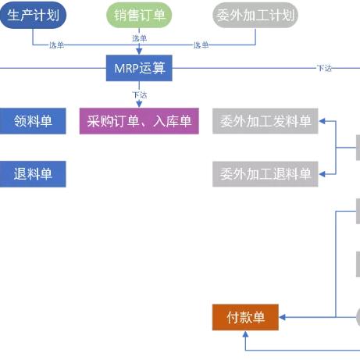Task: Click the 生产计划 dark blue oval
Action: coord(33,15)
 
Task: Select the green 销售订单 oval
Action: coord(139,15)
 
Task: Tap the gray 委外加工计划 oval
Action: coord(255,15)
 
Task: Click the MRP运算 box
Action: coord(139,68)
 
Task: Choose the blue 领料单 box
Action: coord(33,121)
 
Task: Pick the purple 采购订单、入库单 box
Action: coord(139,121)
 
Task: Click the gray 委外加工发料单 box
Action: coord(266,121)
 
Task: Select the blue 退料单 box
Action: coord(33,174)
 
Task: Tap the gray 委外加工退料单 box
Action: coord(266,174)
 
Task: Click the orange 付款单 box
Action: coord(245,317)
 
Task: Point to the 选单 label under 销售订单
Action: coord(139,38)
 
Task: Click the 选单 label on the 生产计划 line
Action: coord(56,45)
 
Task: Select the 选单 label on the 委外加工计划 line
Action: coord(201,45)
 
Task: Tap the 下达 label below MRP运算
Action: coord(140,94)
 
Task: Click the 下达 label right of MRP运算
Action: coord(324,68)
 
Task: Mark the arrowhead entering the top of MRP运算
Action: coord(139,52)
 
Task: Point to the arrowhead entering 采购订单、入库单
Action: coord(139,105)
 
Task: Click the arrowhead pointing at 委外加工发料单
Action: coord(322,121)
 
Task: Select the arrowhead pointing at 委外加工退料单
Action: coord(322,174)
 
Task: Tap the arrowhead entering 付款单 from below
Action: coord(245,334)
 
